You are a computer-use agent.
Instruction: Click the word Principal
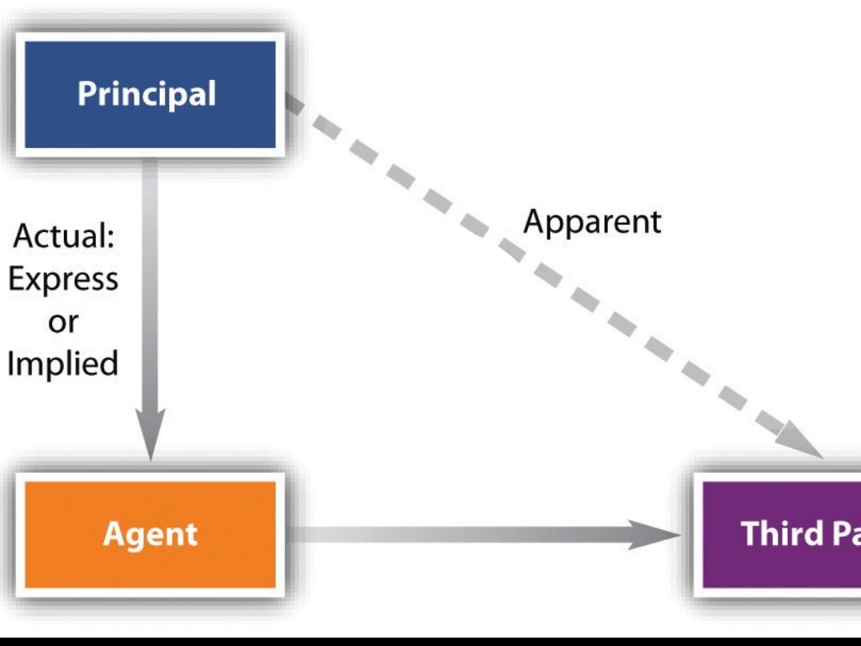click(x=146, y=93)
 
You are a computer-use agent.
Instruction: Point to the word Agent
click(x=150, y=534)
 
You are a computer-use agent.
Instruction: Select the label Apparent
click(x=592, y=221)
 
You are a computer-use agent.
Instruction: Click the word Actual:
click(x=64, y=236)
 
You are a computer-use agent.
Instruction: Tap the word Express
click(x=63, y=279)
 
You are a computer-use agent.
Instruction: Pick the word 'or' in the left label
click(x=63, y=321)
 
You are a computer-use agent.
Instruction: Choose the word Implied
click(x=63, y=364)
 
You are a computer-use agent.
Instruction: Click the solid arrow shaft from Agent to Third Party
click(x=462, y=534)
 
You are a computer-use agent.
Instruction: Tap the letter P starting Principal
click(x=86, y=93)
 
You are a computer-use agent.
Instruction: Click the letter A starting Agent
click(x=112, y=534)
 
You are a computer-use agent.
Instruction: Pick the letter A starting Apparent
click(x=533, y=221)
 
